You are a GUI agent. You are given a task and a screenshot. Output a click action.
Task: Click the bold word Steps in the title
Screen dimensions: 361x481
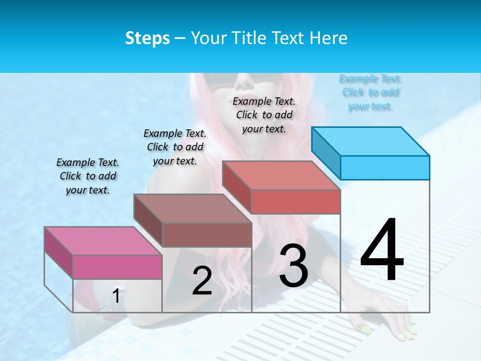tap(147, 38)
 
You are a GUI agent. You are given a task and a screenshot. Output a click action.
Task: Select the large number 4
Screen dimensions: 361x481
tap(382, 251)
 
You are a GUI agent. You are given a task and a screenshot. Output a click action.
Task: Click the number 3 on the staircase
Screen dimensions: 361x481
tap(294, 266)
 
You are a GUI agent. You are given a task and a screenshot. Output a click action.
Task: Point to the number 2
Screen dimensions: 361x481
tap(202, 281)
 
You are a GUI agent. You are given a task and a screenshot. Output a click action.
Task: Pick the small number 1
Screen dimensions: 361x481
tap(116, 296)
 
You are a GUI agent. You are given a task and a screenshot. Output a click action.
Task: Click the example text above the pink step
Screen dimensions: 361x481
tap(88, 176)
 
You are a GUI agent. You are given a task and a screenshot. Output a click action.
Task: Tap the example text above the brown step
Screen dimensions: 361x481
tap(175, 147)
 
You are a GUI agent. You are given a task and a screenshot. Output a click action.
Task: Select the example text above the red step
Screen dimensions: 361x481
tap(264, 115)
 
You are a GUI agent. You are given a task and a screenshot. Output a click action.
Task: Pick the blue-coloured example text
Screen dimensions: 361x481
tap(370, 92)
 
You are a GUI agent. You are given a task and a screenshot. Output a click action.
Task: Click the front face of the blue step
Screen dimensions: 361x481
tap(385, 167)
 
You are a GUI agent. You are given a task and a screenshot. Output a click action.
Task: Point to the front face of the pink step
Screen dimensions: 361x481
tap(117, 267)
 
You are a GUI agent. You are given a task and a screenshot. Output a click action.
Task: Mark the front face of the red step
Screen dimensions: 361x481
tap(296, 202)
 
